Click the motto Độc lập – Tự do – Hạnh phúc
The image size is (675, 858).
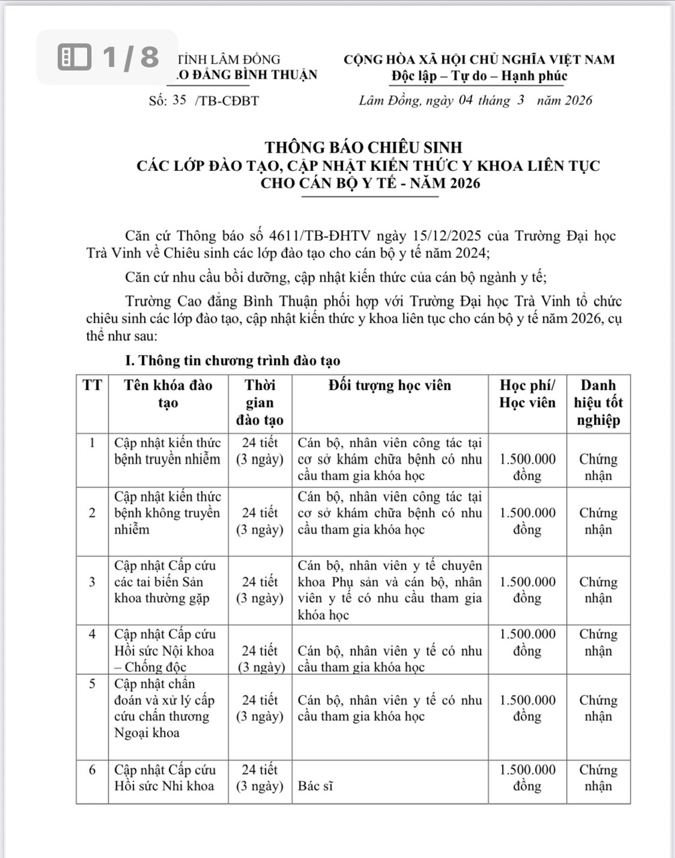click(479, 76)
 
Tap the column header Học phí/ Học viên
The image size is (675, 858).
click(528, 394)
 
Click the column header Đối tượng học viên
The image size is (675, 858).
click(390, 385)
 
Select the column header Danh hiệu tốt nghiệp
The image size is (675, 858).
click(598, 403)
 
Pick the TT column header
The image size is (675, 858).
click(92, 385)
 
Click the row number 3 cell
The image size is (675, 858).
click(92, 582)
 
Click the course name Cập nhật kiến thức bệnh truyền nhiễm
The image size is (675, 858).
click(167, 451)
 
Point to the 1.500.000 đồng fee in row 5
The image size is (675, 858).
click(528, 708)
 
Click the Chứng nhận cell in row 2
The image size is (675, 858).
click(598, 521)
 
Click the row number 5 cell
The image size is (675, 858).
click(92, 684)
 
